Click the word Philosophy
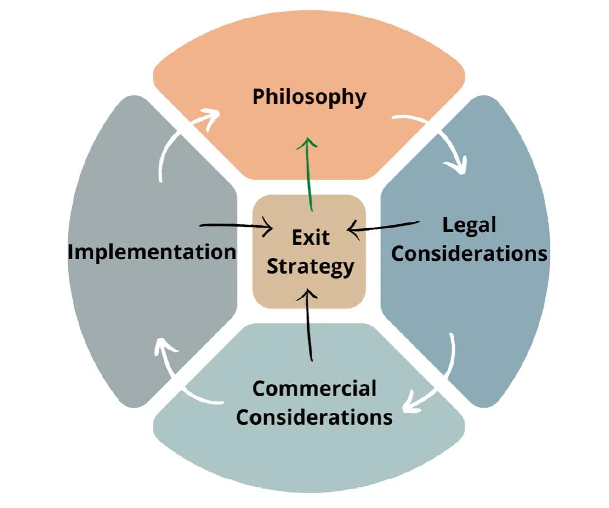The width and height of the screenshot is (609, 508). pyautogui.click(x=309, y=97)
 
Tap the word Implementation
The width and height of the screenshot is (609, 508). pyautogui.click(x=152, y=252)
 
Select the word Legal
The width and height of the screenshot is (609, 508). pyautogui.click(x=469, y=225)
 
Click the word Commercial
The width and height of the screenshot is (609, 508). pyautogui.click(x=314, y=389)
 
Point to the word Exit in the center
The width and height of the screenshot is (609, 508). pyautogui.click(x=311, y=237)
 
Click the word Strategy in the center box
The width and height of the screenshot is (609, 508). pyautogui.click(x=311, y=267)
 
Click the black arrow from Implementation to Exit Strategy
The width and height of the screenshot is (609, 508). pyautogui.click(x=235, y=227)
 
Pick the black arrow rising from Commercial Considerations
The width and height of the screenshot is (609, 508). pyautogui.click(x=310, y=327)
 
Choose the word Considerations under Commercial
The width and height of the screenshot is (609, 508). pyautogui.click(x=314, y=416)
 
